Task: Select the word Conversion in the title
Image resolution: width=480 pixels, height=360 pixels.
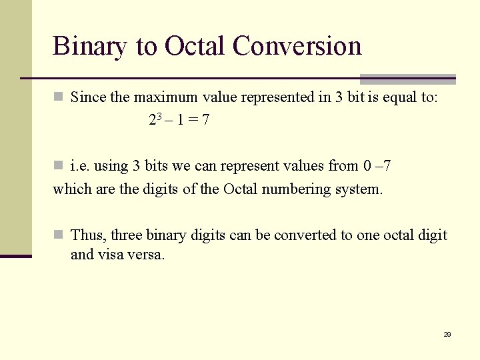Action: (x=297, y=46)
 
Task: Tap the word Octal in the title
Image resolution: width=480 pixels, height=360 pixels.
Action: (x=195, y=46)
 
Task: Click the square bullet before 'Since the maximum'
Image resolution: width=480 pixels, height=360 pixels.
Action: (x=58, y=97)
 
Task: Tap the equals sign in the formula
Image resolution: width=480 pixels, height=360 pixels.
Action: (x=190, y=121)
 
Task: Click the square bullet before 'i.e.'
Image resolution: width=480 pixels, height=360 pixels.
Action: (x=58, y=165)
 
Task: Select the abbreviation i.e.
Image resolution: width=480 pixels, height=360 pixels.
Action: (x=80, y=166)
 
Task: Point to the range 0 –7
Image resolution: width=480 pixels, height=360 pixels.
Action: (x=377, y=166)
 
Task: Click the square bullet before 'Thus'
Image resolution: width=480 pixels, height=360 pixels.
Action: (x=58, y=234)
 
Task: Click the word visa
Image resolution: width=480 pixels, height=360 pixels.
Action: (x=113, y=255)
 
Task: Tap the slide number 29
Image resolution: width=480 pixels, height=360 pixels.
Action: (x=447, y=334)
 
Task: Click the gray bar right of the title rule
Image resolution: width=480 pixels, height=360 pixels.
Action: (x=408, y=79)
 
